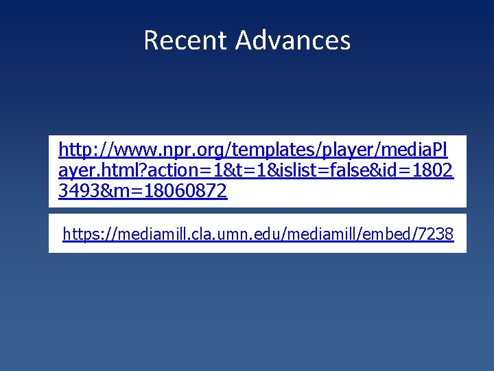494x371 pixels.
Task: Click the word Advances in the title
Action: pyautogui.click(x=293, y=41)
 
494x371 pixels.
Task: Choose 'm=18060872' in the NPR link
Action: pyautogui.click(x=172, y=192)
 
